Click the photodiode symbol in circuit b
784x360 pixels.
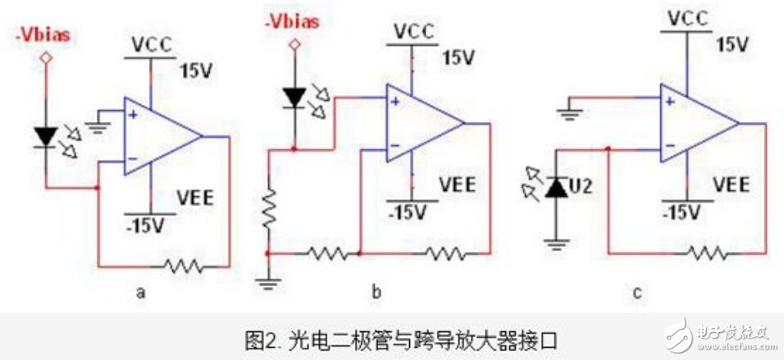point(293,97)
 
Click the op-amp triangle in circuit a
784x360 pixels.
point(160,135)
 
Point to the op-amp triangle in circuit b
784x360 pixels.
point(422,125)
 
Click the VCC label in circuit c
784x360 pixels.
point(688,17)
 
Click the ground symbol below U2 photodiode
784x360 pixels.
point(558,243)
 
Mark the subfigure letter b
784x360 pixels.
point(378,289)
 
